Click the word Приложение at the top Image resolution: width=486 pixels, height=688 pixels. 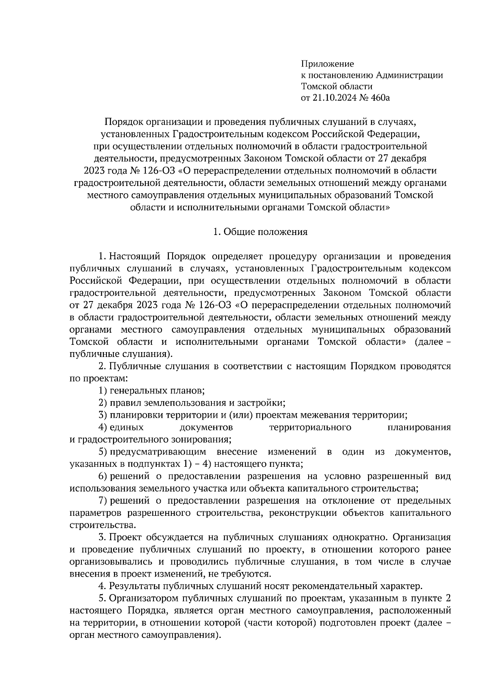(327, 64)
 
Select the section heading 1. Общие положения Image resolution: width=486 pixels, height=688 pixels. (260, 232)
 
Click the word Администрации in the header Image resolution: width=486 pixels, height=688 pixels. (409, 75)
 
